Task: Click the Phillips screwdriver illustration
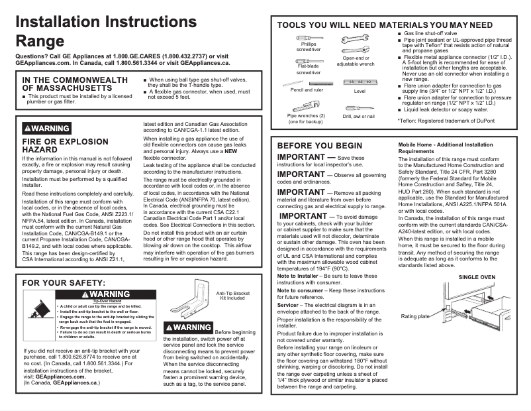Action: click(309, 38)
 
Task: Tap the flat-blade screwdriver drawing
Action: click(309, 60)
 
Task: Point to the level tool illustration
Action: click(360, 82)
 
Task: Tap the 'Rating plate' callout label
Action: click(415, 316)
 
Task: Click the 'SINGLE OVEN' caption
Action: click(477, 276)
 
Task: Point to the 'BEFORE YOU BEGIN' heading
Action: click(320, 145)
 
